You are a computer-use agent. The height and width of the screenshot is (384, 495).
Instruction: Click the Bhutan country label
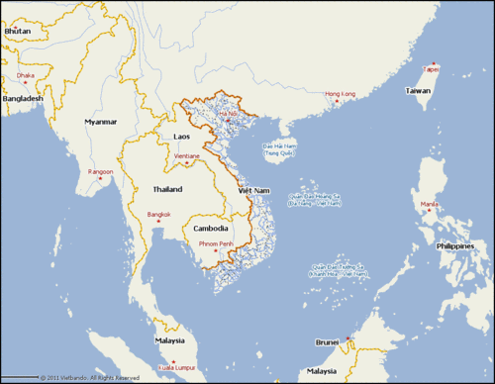click(17, 32)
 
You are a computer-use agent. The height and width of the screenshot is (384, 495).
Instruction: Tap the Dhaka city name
click(25, 75)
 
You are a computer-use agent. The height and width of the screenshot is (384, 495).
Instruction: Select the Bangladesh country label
click(22, 98)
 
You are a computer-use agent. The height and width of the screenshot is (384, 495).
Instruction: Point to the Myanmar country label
click(101, 122)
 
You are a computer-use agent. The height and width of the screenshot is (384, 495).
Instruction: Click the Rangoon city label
click(101, 171)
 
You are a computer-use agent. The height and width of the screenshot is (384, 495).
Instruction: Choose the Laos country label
click(182, 136)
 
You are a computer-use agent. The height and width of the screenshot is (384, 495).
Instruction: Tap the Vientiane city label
click(187, 155)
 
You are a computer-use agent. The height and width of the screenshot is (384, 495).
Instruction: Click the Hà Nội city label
click(229, 115)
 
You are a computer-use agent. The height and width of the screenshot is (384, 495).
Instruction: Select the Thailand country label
click(167, 188)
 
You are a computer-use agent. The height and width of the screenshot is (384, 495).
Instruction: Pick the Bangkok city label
click(158, 214)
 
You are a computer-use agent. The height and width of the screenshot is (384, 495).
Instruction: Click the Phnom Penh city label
click(215, 243)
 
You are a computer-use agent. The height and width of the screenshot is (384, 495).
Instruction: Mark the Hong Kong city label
click(340, 94)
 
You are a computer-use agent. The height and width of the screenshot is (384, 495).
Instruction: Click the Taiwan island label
click(418, 90)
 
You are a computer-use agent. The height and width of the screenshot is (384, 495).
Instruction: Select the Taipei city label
click(430, 69)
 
